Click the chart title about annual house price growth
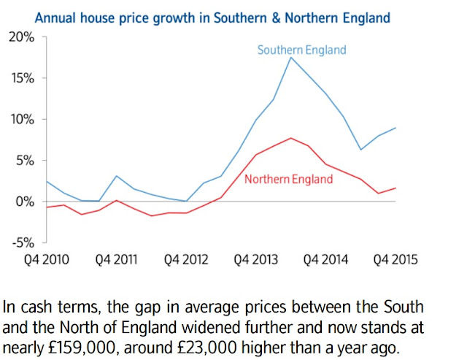212,18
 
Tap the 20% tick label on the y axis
21,37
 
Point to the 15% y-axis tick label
23,78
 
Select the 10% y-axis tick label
23,120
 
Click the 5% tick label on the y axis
26,161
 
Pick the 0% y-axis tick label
25,202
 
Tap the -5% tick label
23,243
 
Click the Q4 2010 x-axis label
47,259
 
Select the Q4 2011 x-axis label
116,259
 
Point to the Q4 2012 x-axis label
186,259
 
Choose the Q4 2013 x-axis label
256,259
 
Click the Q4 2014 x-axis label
325,259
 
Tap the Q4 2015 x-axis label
395,259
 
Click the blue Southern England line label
301,50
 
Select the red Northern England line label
289,179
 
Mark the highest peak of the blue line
291,58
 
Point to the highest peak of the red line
291,138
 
